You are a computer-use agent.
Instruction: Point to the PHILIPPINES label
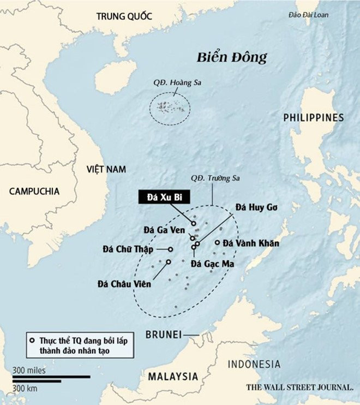point(314,117)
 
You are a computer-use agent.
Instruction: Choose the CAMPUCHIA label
point(34,190)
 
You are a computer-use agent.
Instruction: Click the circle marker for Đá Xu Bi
point(194,224)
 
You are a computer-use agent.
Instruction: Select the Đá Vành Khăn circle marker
point(217,243)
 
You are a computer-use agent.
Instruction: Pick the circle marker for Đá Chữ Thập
point(170,249)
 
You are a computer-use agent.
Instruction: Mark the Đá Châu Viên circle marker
point(168,262)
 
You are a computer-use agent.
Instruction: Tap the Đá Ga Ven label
point(164,229)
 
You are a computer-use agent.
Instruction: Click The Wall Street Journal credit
point(299,387)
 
